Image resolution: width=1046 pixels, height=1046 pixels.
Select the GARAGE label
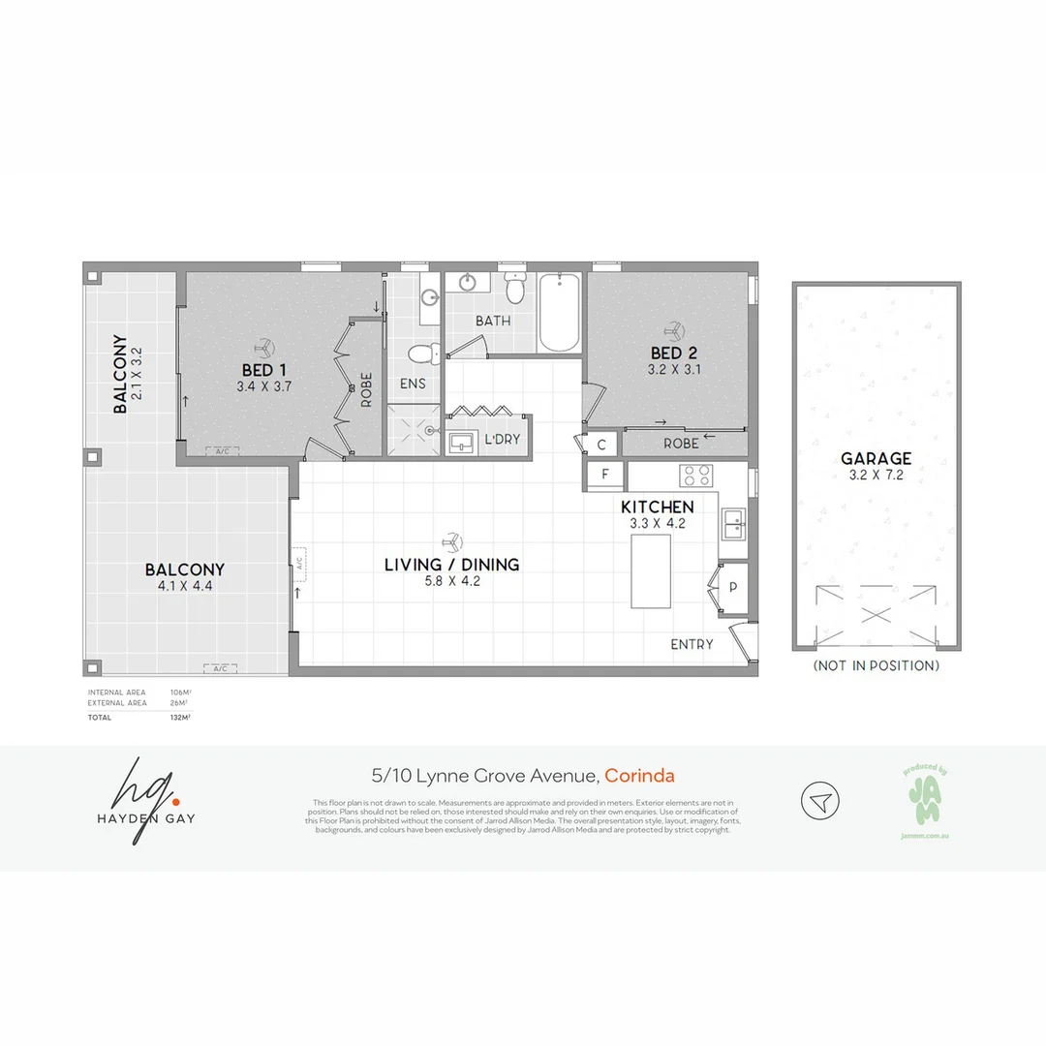click(876, 459)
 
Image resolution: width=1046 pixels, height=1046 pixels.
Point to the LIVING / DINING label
click(451, 564)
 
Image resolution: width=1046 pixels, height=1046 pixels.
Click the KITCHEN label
click(658, 507)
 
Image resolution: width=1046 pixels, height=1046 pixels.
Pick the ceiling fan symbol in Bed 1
click(264, 346)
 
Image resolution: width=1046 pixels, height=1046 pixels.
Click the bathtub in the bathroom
click(559, 313)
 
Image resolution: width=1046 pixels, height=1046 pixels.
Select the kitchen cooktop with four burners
click(697, 476)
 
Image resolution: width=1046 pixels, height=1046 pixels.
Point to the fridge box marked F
click(605, 475)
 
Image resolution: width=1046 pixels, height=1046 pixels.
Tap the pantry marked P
click(733, 588)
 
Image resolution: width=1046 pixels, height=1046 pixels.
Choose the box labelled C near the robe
click(601, 445)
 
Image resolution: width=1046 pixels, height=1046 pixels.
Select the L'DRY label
click(503, 440)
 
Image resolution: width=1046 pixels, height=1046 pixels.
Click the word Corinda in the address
click(639, 776)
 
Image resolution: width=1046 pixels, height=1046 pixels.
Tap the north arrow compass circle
click(819, 801)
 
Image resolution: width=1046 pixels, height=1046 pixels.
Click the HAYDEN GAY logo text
click(146, 818)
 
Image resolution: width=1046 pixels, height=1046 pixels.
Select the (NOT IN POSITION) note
click(876, 665)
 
